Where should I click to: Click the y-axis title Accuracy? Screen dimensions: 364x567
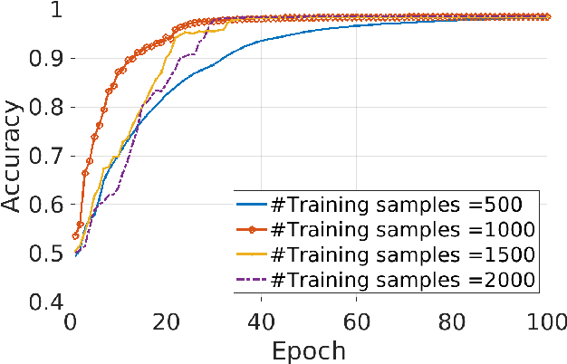click(13, 156)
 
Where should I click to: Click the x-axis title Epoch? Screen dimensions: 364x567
click(308, 349)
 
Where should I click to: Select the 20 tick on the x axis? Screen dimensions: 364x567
click(166, 321)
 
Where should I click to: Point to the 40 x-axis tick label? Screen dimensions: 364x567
click(261, 321)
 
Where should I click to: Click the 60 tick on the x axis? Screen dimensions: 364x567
click(356, 321)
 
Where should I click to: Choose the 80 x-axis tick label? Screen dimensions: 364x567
click(451, 321)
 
